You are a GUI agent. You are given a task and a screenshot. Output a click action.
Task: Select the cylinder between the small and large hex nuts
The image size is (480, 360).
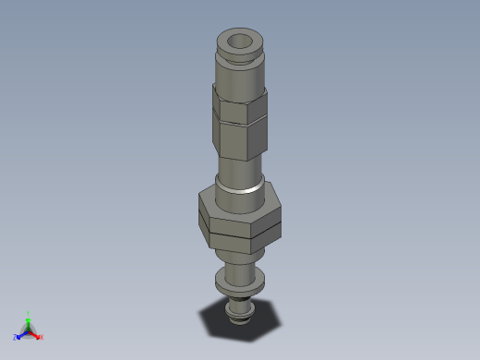coord(240,174)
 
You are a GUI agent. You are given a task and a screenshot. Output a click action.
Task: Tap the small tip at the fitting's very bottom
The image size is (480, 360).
coord(241,314)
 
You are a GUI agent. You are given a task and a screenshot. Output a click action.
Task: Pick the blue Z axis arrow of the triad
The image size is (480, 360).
coord(21,333)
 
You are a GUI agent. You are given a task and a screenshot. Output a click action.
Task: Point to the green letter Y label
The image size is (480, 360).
coord(29,313)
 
